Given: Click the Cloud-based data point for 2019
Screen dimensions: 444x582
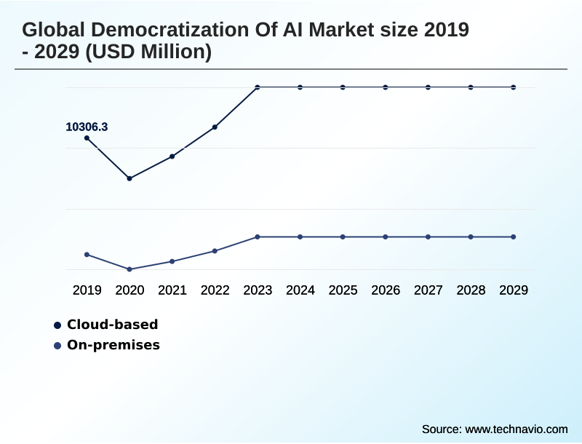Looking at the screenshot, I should [x=87, y=138].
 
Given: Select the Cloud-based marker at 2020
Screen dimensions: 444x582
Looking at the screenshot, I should [x=129, y=178].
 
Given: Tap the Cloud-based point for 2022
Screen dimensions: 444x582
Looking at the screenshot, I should [x=215, y=127].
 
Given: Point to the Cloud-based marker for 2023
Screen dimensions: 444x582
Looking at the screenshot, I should [x=258, y=87].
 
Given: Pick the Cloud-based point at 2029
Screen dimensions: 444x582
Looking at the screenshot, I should [x=514, y=87].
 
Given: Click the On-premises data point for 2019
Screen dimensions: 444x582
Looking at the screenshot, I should [x=87, y=255].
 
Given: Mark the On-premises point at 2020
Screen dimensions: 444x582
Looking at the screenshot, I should [x=129, y=269].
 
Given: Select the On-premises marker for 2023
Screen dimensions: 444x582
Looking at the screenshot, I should [x=258, y=237].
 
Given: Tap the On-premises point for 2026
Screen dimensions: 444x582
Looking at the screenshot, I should [x=386, y=237].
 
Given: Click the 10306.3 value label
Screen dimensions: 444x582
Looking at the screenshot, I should [x=87, y=127].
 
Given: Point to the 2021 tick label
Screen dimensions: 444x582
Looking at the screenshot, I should [x=172, y=290].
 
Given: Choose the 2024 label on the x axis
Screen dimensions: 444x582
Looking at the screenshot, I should [x=300, y=290].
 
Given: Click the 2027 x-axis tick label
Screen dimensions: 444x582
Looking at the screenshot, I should [x=428, y=290].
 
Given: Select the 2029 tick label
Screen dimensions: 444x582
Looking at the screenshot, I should [x=514, y=290].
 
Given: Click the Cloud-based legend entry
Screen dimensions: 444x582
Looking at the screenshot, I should [x=112, y=325].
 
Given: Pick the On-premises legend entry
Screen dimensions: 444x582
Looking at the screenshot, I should [x=113, y=345].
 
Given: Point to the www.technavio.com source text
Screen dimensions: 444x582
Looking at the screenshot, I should [x=516, y=429].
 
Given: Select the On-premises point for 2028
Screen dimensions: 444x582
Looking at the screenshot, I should [x=471, y=237].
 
